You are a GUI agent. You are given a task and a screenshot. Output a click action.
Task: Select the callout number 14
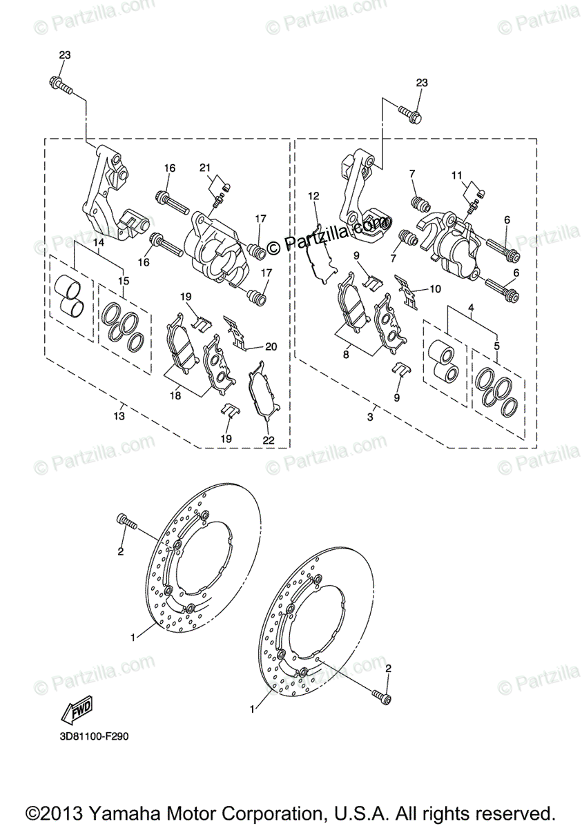point(99,242)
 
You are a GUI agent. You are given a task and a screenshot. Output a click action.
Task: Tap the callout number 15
point(124,281)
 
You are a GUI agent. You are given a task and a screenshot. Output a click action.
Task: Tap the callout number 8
point(346,355)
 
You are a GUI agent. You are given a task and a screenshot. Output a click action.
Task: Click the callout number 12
point(313,196)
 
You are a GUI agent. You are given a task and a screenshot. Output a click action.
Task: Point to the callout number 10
point(434,290)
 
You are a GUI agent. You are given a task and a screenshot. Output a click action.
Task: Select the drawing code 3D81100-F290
point(94,736)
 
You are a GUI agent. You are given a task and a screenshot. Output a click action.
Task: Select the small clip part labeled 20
point(236,333)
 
